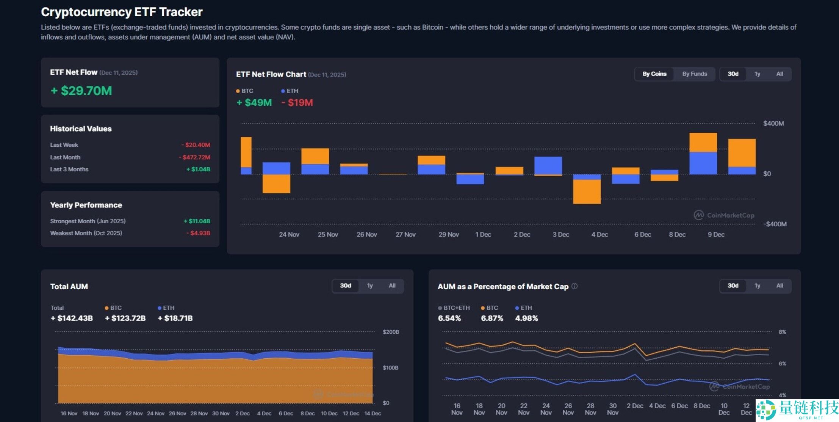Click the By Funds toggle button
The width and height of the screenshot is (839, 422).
(x=694, y=74)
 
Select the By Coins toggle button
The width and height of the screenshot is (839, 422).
(x=654, y=74)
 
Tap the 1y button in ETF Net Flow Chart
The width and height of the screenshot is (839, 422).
(x=757, y=74)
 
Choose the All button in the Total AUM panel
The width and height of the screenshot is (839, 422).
(x=392, y=286)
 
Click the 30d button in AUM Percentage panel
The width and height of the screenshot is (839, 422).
(x=733, y=286)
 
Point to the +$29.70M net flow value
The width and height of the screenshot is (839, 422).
(x=81, y=91)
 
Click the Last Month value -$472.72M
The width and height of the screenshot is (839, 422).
(x=194, y=157)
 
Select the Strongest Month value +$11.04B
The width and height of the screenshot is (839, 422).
(x=197, y=221)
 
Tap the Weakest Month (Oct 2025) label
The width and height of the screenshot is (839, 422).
(x=86, y=233)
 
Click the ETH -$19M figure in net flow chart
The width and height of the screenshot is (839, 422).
(x=297, y=103)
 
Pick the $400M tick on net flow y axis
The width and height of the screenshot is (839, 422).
(x=773, y=124)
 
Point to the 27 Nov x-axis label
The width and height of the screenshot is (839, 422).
(x=405, y=235)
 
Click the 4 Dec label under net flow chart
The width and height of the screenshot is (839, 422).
(x=600, y=235)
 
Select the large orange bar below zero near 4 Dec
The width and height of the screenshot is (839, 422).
(x=587, y=191)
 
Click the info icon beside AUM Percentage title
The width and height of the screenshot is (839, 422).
(x=574, y=286)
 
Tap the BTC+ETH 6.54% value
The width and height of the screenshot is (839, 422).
(x=449, y=318)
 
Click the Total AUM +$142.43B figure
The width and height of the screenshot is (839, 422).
(x=72, y=318)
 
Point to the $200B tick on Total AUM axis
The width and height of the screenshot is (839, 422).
(x=391, y=332)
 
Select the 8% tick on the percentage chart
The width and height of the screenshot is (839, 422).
(x=782, y=332)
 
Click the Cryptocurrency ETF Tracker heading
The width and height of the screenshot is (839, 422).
(x=122, y=12)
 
